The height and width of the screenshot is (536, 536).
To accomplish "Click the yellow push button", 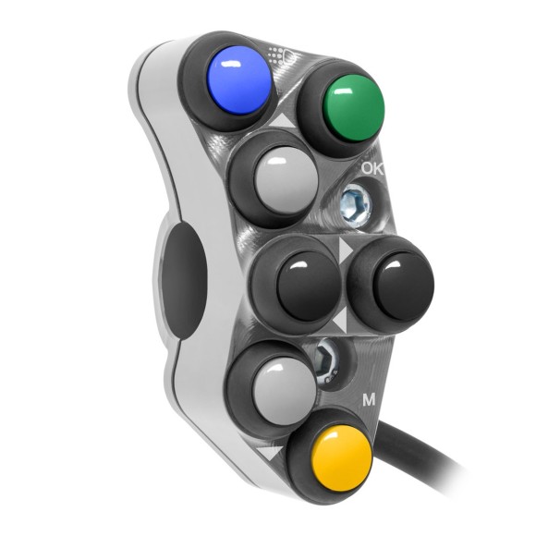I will [330, 458].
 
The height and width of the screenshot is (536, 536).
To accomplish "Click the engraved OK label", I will [373, 168].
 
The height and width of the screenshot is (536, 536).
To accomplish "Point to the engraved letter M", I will [369, 400].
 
